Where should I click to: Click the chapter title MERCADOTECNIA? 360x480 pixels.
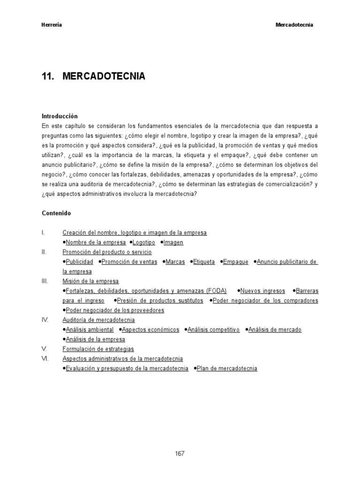(x=104, y=76)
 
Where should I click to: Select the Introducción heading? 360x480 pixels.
(x=60, y=116)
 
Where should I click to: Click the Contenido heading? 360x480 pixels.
(x=56, y=213)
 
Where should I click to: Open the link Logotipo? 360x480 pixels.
(x=144, y=242)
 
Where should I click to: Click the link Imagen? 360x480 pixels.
(x=173, y=242)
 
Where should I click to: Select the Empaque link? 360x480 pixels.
(x=236, y=262)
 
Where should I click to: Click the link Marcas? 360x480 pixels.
(x=176, y=262)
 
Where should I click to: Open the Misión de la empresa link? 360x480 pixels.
(x=90, y=281)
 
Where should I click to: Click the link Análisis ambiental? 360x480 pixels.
(x=90, y=330)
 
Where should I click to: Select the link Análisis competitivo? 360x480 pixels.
(x=214, y=330)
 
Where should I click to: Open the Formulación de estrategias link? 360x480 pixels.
(x=98, y=349)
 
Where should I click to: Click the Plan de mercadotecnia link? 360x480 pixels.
(x=227, y=368)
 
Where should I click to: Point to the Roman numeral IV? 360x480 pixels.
(x=45, y=320)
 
